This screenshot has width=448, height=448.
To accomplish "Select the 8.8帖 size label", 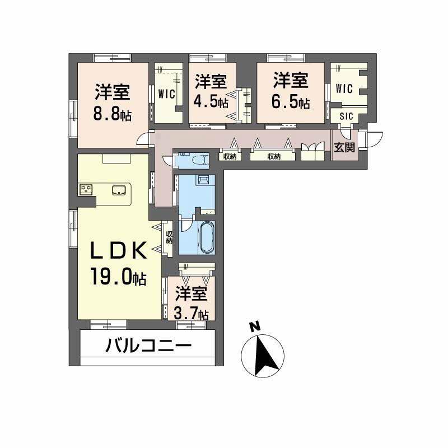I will (x=113, y=114).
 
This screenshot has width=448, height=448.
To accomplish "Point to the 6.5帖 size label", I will (x=291, y=102).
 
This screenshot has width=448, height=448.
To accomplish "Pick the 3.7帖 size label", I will (x=192, y=313).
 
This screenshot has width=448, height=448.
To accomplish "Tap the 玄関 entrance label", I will (x=344, y=148).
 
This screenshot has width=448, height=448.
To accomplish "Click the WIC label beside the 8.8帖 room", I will (x=168, y=93).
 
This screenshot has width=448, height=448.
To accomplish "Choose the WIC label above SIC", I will (x=344, y=88).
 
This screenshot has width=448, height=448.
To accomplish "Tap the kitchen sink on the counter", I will (x=119, y=190).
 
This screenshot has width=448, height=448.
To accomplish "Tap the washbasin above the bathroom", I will (x=203, y=180).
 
